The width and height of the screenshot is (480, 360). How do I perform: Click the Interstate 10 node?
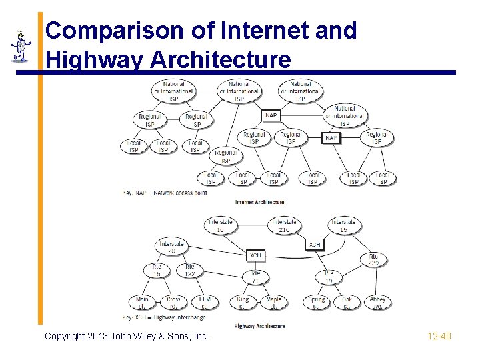tap(219, 226)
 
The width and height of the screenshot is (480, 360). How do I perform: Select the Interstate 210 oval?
tap(285, 226)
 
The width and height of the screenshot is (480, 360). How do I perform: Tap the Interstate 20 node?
tap(171, 247)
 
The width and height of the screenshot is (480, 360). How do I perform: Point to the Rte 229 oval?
tap(374, 259)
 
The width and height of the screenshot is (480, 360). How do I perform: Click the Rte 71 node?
tap(255, 277)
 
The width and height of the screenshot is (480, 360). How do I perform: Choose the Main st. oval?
tap(142, 303)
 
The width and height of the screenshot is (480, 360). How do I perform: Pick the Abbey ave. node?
tap(377, 303)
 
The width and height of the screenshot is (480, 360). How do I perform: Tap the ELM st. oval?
tap(205, 303)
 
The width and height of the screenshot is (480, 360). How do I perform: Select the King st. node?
tap(243, 303)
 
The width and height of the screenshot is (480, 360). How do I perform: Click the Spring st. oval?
tap(317, 303)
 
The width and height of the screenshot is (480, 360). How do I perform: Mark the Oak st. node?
tap(347, 303)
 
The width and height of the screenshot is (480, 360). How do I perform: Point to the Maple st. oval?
tap(273, 303)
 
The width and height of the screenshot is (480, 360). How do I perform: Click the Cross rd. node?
tap(173, 303)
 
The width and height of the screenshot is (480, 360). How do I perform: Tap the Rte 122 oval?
tap(190, 270)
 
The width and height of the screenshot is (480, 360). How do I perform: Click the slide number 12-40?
tap(439, 336)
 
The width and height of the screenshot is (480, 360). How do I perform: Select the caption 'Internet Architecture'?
tap(259, 202)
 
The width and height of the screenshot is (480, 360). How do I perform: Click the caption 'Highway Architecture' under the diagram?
tap(259, 326)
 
